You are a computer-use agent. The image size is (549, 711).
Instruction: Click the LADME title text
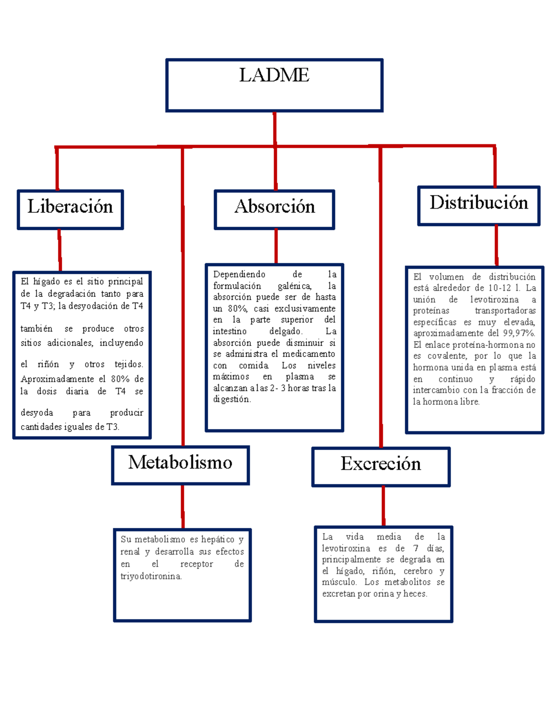click(274, 75)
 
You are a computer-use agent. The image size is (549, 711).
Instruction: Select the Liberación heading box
click(70, 209)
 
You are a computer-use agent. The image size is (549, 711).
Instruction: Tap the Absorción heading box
click(274, 209)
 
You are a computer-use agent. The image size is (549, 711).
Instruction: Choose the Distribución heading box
click(479, 206)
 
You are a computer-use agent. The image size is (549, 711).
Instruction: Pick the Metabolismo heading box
click(180, 465)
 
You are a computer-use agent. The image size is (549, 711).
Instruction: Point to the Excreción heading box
click(381, 466)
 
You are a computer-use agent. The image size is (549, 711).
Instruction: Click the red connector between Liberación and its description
click(59, 250)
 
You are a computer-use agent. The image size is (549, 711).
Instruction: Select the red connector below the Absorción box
click(276, 246)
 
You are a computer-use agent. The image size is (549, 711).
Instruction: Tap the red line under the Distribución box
click(496, 245)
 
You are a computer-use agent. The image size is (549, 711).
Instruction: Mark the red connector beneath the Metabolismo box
click(183, 506)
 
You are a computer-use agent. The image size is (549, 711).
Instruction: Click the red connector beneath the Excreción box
click(383, 506)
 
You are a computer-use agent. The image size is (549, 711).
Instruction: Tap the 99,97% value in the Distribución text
click(519, 333)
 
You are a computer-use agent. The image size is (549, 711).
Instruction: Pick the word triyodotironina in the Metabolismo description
click(151, 576)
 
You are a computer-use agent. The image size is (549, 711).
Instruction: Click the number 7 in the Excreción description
click(415, 548)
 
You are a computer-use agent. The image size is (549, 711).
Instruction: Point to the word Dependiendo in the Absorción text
click(239, 274)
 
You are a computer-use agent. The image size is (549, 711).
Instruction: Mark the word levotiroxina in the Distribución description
click(495, 299)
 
